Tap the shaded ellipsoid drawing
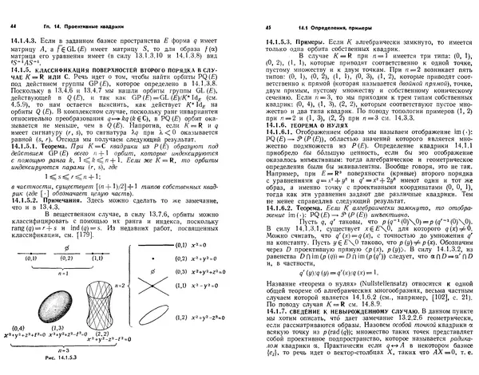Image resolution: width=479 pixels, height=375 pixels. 28,307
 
